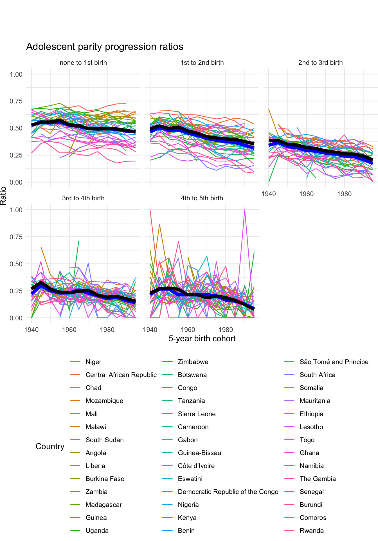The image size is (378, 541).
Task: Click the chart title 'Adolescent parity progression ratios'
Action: pos(105,47)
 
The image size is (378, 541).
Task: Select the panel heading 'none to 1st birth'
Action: pos(83,63)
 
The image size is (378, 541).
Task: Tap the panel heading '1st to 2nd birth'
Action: pos(202,63)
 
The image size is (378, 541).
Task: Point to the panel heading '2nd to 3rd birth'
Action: pos(320,63)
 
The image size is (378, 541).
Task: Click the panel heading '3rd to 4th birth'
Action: pos(83,198)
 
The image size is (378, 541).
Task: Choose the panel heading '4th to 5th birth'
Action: pos(202,198)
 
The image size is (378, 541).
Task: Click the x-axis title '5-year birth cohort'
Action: pos(202,338)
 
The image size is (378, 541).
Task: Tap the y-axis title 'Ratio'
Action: pos(3,196)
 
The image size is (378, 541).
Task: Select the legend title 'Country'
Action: pos(50,446)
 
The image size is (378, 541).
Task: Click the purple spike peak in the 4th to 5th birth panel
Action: pos(245,210)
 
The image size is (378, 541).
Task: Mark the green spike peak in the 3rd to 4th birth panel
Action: pos(79,241)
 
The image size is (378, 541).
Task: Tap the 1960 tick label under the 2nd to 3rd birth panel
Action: pos(306,194)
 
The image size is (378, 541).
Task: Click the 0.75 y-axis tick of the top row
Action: pos(16,101)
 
